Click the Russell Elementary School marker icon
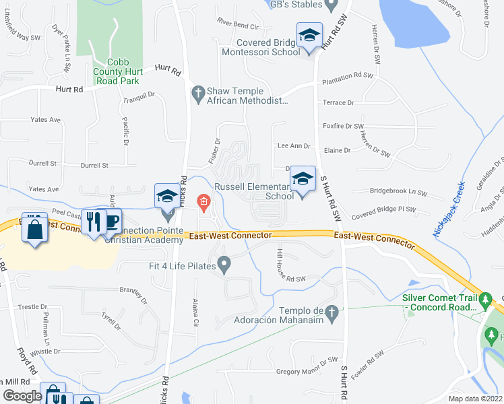303,178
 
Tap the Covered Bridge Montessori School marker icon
309,35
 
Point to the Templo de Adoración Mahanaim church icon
331,312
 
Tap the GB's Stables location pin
330,5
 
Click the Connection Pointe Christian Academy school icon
166,197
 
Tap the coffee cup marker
111,221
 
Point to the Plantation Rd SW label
347,77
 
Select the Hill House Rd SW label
292,266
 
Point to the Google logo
22,395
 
